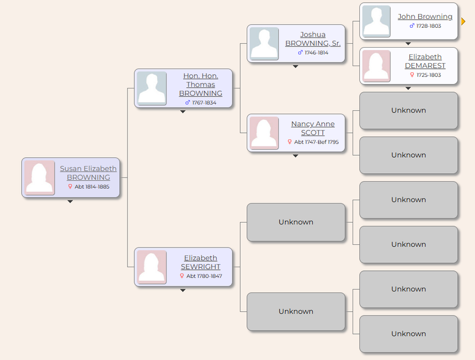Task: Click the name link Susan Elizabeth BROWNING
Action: [88, 173]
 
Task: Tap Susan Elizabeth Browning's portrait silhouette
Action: [40, 178]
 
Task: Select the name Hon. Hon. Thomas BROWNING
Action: [200, 85]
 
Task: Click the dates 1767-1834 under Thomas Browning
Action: [204, 103]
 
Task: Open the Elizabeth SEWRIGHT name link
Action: [200, 262]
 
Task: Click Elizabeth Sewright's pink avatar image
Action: [152, 267]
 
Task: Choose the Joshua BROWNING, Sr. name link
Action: [313, 39]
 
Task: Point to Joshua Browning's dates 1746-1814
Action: [317, 53]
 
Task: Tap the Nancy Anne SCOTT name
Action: [313, 128]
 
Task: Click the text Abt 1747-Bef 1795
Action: [316, 142]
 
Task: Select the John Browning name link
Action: [425, 16]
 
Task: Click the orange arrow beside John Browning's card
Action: [463, 21]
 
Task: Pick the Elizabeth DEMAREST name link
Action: [425, 61]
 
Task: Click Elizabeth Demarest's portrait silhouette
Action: [376, 66]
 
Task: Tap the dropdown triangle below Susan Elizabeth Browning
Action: [70, 202]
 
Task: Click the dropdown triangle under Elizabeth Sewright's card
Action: [182, 290]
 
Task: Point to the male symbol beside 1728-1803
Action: [412, 26]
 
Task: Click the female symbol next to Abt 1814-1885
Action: [70, 187]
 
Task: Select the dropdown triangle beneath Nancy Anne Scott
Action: [296, 156]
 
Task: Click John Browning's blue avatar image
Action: [376, 21]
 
